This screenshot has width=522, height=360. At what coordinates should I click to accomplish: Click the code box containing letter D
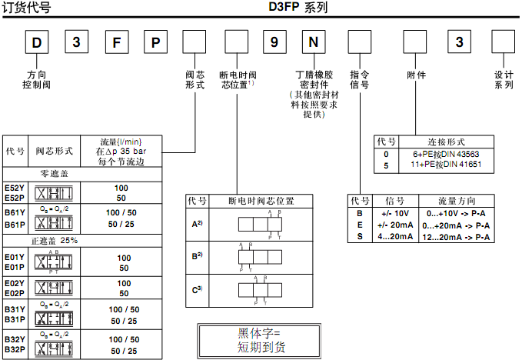[x=36, y=42]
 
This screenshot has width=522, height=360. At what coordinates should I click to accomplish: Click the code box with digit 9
[x=274, y=42]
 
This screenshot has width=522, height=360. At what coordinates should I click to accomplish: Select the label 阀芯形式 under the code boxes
[x=195, y=80]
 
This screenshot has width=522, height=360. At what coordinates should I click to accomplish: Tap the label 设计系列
[x=504, y=80]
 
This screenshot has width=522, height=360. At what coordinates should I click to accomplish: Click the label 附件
[x=416, y=75]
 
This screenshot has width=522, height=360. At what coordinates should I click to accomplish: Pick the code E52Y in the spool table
[x=15, y=188]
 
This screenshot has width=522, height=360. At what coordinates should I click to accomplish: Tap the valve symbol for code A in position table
[x=261, y=223]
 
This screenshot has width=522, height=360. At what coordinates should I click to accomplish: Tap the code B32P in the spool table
[x=15, y=351]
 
